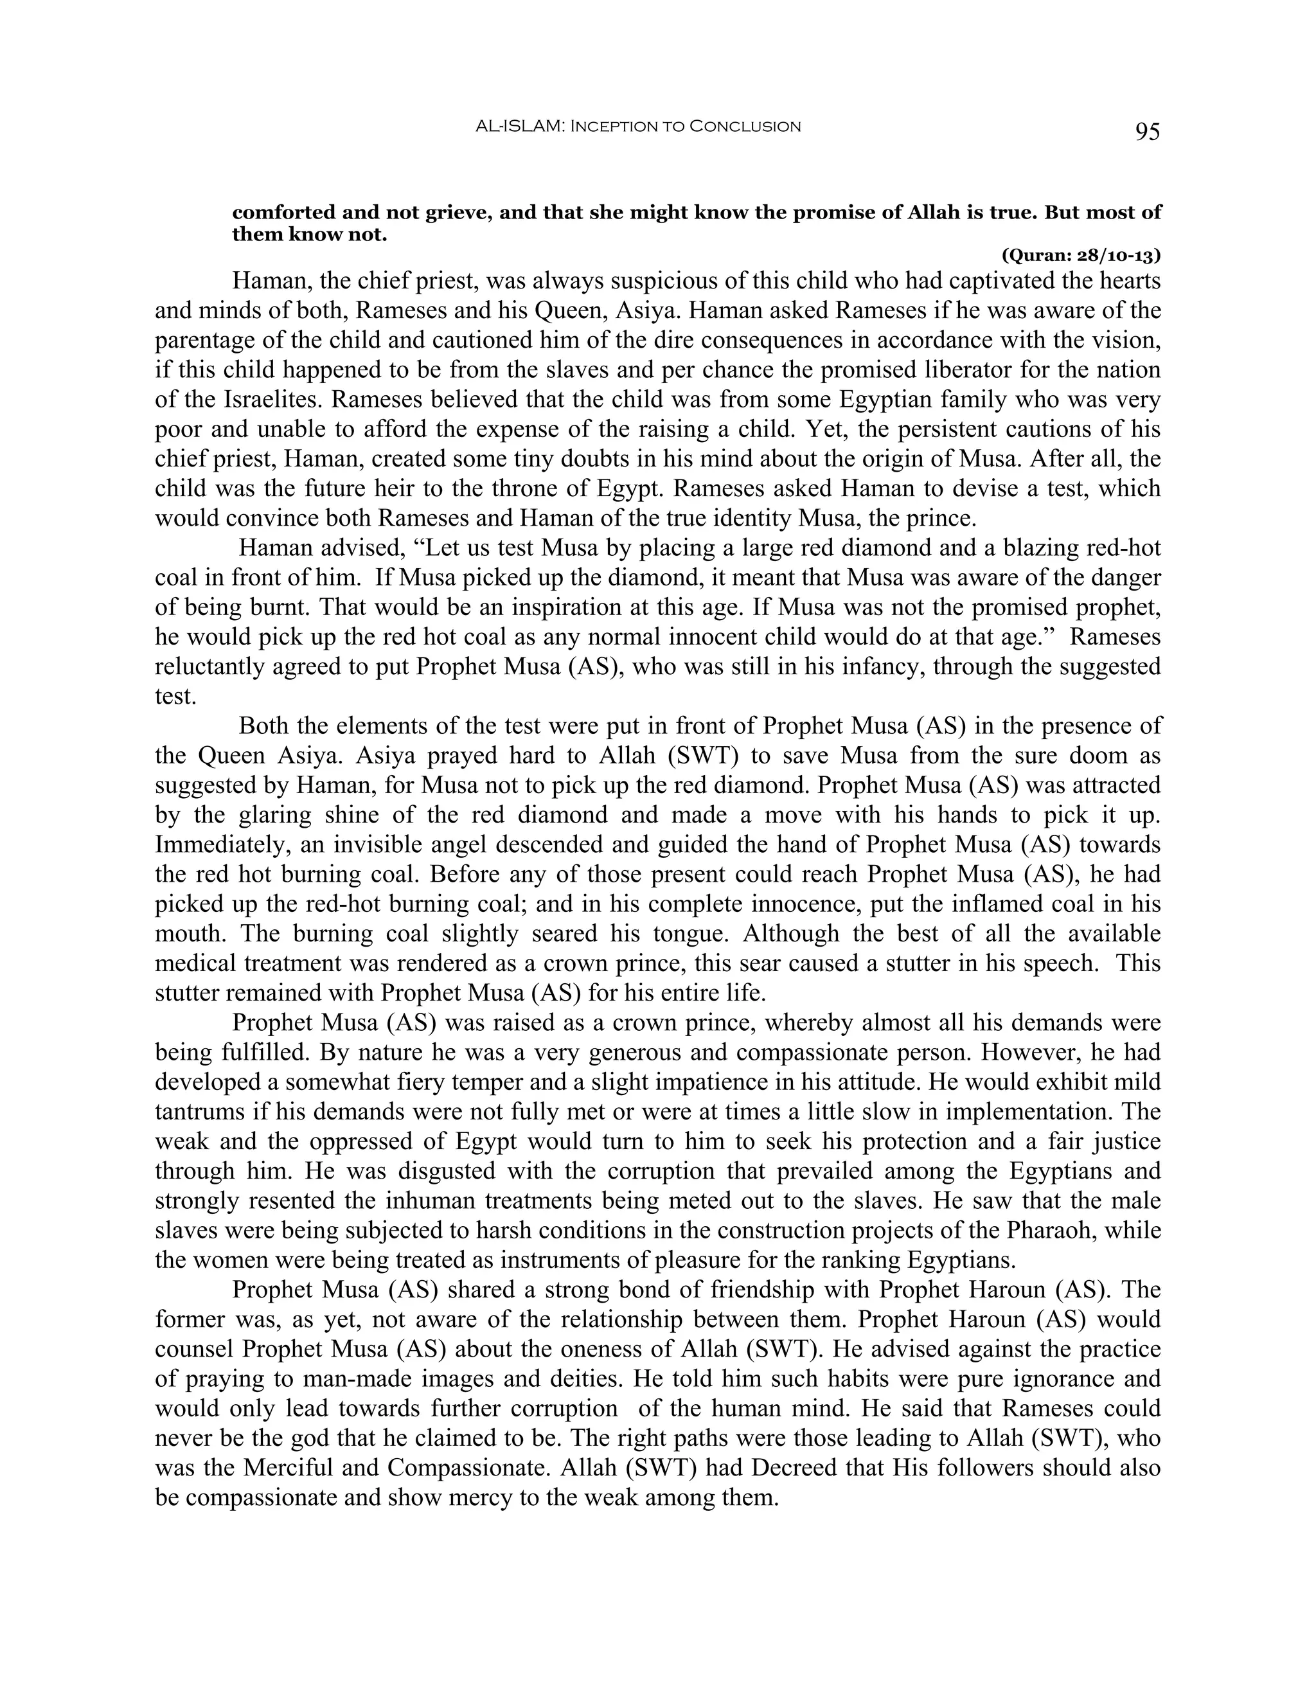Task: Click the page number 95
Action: coord(1147,132)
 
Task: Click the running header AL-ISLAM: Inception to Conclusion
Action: coord(637,127)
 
